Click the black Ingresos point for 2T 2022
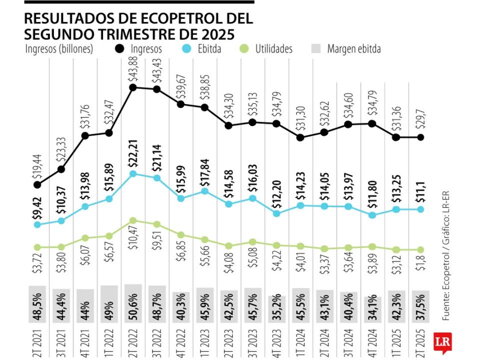133,87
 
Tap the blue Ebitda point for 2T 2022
133,174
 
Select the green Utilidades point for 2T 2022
133,220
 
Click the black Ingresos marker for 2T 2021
37,185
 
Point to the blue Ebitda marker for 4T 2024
372,215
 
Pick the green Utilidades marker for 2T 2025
420,249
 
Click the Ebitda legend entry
202,49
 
